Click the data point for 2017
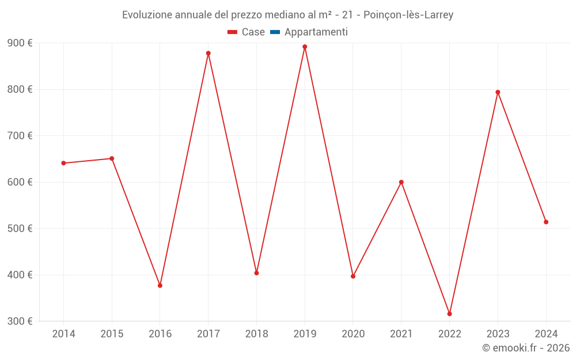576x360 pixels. pos(209,53)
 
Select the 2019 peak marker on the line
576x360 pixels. pos(305,47)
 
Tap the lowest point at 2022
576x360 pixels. pos(449,314)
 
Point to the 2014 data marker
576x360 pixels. pos(63,163)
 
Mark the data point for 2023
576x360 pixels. pos(498,92)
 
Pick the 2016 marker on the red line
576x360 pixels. pos(160,286)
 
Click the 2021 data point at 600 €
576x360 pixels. pos(401,182)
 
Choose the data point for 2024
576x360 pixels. pos(546,222)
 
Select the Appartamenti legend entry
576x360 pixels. pos(316,32)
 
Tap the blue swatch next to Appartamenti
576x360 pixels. pos(275,32)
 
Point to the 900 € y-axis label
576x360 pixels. pos(20,43)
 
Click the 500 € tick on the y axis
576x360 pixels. pos(20,229)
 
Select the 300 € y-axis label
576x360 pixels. pos(20,321)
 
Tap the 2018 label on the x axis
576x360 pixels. pos(256,334)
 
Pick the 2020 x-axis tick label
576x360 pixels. pos(353,334)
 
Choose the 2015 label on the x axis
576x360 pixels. pos(112,334)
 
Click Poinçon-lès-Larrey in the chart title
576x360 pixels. pos(408,15)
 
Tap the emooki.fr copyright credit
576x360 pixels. pos(526,348)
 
